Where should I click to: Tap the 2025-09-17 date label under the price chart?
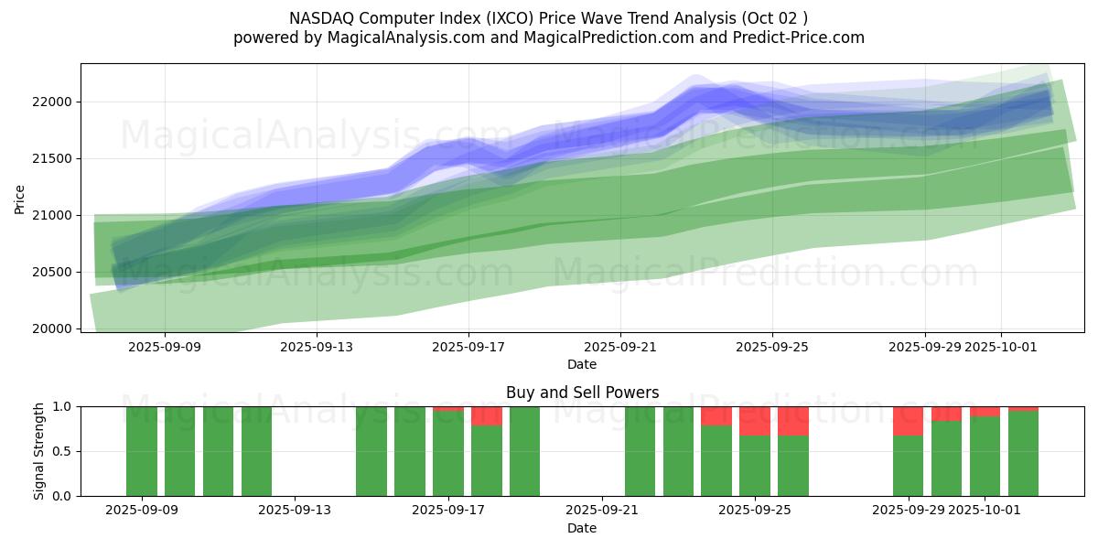[x=468, y=347]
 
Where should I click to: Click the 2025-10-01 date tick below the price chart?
[x=1001, y=347]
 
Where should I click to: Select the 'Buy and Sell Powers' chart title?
[x=582, y=393]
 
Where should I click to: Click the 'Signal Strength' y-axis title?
[x=39, y=451]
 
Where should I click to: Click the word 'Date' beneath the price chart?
[x=582, y=364]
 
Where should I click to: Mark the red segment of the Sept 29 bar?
[x=908, y=421]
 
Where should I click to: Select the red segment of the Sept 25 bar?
[x=755, y=421]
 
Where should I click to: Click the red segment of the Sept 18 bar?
[x=487, y=416]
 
